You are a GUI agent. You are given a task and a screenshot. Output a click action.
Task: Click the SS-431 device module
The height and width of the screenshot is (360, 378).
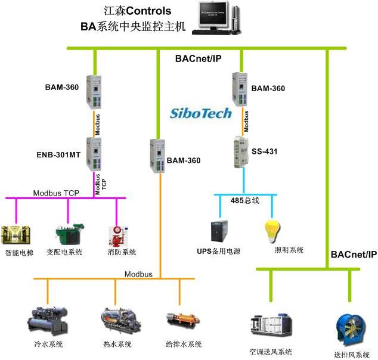click(244, 150)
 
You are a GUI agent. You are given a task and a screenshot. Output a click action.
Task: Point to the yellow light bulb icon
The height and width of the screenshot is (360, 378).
click(272, 232)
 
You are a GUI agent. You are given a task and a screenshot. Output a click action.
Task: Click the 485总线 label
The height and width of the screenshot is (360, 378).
click(245, 200)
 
